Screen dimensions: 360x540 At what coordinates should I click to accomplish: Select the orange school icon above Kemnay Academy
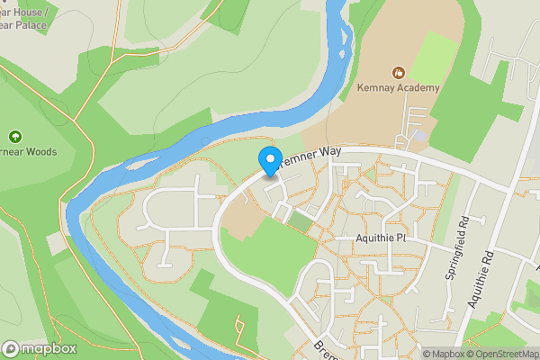point(398,71)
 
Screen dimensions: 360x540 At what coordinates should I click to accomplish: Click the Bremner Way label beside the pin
point(310,155)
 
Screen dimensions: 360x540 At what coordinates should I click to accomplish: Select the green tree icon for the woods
point(15,137)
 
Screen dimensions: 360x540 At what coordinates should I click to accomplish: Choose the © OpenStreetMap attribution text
point(500,354)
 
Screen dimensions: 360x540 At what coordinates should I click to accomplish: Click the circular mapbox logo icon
point(12,348)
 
